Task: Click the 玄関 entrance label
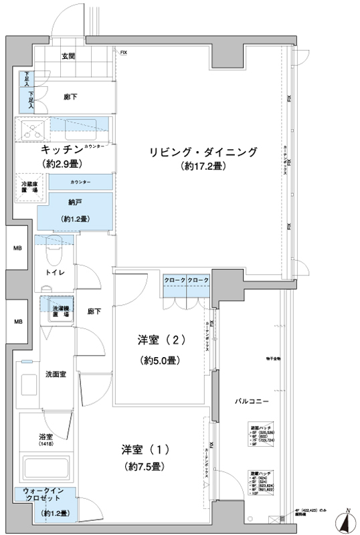[68, 56]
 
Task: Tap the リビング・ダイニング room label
[202, 152]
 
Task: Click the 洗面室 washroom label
[55, 373]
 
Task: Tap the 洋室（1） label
[144, 447]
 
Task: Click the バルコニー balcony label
[252, 401]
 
